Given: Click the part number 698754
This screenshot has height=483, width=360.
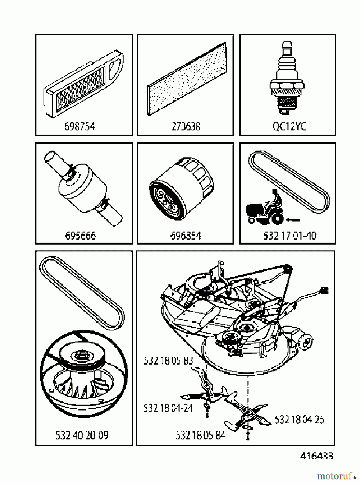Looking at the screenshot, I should coord(79,126).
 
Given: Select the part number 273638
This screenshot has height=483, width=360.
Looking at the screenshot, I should coord(186,126).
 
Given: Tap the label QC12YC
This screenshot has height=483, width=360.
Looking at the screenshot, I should coord(289,126).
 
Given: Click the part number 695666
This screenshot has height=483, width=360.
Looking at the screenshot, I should coord(80,236).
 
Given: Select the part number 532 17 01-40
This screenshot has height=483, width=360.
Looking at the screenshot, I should coord(290,236).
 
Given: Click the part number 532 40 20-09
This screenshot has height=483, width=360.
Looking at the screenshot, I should coord(82,435).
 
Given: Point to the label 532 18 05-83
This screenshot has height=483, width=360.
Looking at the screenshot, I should coord(168,361).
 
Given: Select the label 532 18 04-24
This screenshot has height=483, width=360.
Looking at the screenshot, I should coord(168,408).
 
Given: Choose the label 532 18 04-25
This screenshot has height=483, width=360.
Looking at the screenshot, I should coord(299,419).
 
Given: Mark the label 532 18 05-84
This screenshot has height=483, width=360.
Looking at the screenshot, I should coord(201,435).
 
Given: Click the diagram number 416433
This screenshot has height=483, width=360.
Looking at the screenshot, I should coord(317,456).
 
